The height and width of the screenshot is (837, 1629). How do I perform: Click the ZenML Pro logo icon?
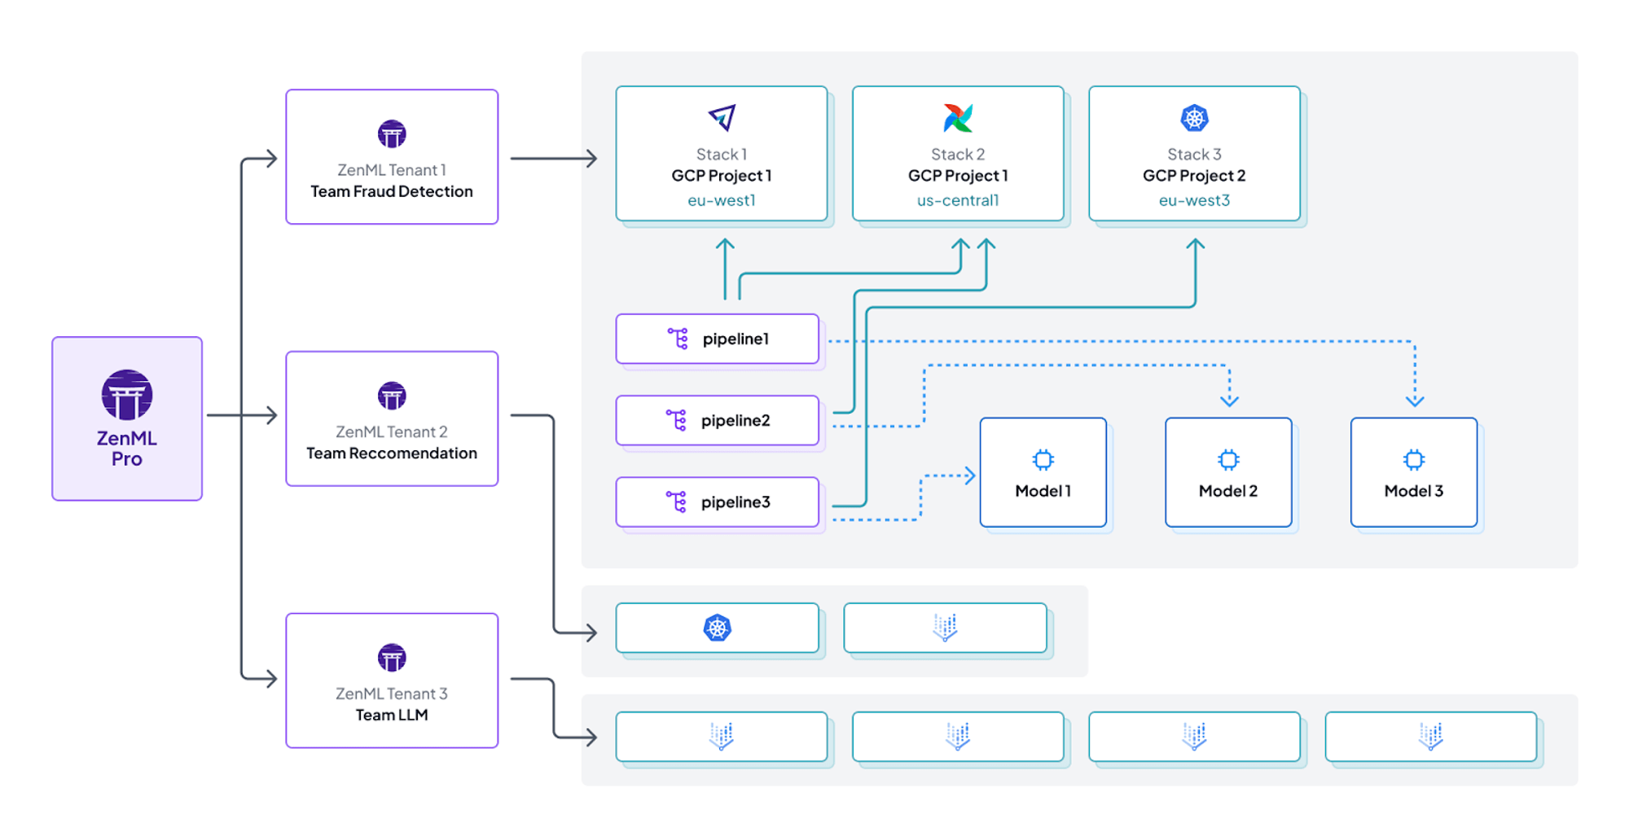tap(127, 395)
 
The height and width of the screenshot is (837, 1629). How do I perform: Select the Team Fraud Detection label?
tap(392, 191)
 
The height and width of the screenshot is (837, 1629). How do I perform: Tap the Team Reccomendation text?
tap(392, 454)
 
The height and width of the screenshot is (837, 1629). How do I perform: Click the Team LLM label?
tap(392, 715)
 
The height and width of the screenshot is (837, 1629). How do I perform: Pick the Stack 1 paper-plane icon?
tap(722, 118)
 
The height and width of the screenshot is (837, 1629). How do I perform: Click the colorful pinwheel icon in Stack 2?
tap(958, 118)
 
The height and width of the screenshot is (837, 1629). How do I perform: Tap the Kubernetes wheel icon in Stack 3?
tap(1194, 118)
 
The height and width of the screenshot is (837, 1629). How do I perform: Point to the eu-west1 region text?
tap(722, 200)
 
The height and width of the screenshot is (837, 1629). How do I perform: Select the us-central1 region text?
tap(958, 200)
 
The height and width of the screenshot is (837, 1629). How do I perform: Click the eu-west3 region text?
tap(1194, 200)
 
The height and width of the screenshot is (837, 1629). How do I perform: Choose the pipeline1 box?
tap(718, 339)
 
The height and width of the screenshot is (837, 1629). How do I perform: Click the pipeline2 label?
tap(735, 421)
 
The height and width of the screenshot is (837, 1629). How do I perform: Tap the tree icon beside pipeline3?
tap(676, 502)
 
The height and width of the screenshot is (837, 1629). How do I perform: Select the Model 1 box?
tap(1043, 473)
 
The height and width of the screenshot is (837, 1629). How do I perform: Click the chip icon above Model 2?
tap(1228, 460)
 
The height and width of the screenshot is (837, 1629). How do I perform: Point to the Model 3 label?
tap(1414, 491)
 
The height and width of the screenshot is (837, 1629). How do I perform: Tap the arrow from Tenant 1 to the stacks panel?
tap(554, 159)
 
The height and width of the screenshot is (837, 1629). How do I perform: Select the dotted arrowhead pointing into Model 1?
tap(969, 475)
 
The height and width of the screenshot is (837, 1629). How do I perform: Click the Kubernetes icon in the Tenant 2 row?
tap(718, 628)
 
